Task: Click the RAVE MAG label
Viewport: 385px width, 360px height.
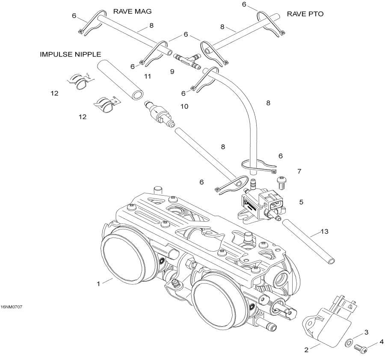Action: pyautogui.click(x=132, y=11)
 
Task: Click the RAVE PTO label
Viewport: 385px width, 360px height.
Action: pyautogui.click(x=305, y=14)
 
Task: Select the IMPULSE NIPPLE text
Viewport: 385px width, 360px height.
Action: pyautogui.click(x=71, y=54)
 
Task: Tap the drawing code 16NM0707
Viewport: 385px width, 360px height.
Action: pyautogui.click(x=12, y=307)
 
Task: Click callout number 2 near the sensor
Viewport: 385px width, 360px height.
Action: pyautogui.click(x=306, y=350)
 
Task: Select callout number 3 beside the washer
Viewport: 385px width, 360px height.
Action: pyautogui.click(x=366, y=332)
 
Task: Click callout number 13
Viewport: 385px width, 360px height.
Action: pyautogui.click(x=325, y=232)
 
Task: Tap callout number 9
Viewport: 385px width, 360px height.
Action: pyautogui.click(x=172, y=72)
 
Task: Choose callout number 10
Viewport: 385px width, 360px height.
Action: pyautogui.click(x=184, y=106)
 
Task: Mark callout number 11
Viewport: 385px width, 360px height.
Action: pyautogui.click(x=148, y=77)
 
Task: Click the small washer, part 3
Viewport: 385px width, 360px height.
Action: pyautogui.click(x=349, y=342)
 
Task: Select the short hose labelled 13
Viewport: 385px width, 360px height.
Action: pyautogui.click(x=308, y=241)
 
